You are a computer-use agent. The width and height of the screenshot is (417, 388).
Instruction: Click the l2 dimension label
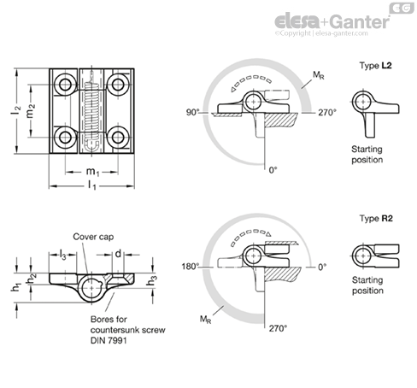click(x=16, y=110)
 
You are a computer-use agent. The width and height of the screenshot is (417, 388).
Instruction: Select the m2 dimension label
click(x=31, y=110)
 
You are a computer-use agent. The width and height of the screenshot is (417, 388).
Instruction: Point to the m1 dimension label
click(x=92, y=172)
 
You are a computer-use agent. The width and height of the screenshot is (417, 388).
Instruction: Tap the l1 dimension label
click(x=91, y=185)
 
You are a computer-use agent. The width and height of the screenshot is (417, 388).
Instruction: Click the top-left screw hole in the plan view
click(x=65, y=85)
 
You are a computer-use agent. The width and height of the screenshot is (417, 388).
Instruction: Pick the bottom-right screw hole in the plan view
click(x=118, y=138)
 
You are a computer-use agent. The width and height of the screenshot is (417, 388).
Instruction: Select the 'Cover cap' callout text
click(x=93, y=237)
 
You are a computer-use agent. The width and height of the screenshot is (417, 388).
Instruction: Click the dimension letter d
click(x=118, y=253)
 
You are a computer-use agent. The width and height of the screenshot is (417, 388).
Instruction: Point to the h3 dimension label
click(x=151, y=280)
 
